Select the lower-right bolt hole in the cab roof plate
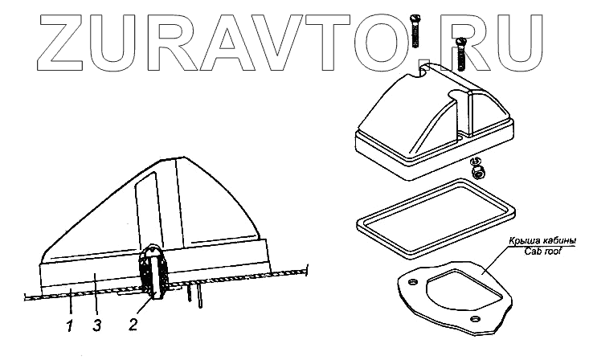(x=477, y=322)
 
